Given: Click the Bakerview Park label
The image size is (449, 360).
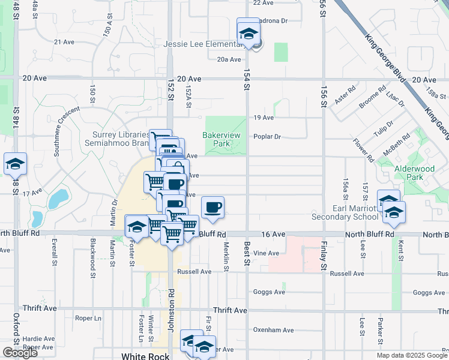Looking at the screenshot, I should [x=221, y=139].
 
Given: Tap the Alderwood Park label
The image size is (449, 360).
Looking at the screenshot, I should [x=414, y=173].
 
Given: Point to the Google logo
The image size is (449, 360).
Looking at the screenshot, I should [x=20, y=352].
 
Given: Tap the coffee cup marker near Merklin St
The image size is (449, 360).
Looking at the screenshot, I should [x=212, y=208].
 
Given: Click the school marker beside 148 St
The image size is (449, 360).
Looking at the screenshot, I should [x=15, y=163].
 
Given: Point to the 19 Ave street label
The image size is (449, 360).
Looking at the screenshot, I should [x=264, y=118].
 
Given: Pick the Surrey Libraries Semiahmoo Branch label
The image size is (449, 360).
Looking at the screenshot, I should [x=120, y=139].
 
